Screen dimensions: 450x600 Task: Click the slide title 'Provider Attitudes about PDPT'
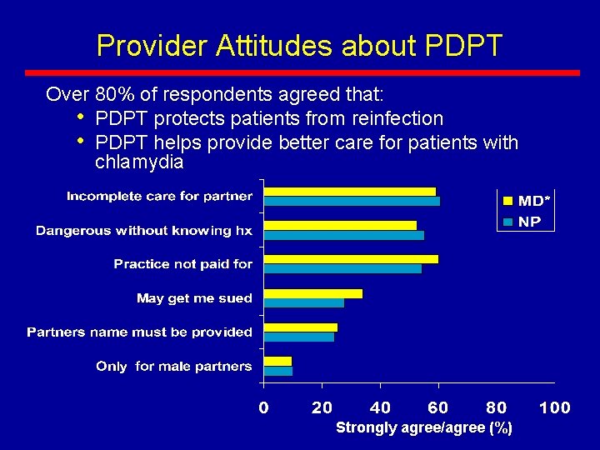(299, 45)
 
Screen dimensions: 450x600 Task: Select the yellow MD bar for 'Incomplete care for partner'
(350, 192)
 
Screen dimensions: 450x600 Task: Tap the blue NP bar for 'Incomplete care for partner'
(352, 201)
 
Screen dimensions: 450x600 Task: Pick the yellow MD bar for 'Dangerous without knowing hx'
(340, 225)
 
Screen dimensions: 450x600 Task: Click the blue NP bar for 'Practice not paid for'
(342, 268)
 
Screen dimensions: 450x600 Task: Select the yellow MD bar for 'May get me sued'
(313, 293)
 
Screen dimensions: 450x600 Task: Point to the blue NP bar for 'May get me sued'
(304, 302)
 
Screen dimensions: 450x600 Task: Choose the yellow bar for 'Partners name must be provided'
(301, 327)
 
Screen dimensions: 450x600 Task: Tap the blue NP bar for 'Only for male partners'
(278, 371)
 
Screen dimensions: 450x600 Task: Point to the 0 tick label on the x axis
(263, 407)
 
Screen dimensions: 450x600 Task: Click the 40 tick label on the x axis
(380, 407)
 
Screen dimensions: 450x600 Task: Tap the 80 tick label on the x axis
(496, 407)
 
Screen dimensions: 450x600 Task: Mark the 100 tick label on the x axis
(554, 407)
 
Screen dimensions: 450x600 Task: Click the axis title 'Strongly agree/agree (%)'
(423, 427)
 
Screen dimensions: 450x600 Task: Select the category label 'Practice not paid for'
(182, 264)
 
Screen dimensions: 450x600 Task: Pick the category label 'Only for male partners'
(173, 367)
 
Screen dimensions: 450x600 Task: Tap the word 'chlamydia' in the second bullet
(139, 162)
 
